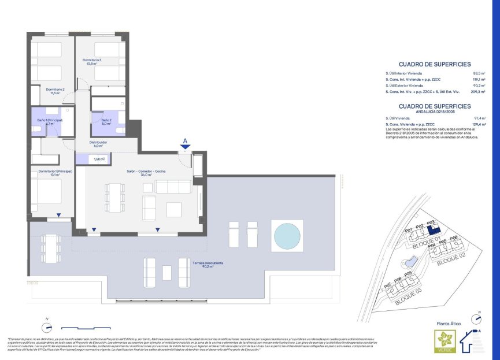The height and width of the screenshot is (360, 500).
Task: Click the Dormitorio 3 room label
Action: [92, 61]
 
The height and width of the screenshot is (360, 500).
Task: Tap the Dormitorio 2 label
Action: [55, 91]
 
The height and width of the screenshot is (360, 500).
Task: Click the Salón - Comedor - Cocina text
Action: [147, 173]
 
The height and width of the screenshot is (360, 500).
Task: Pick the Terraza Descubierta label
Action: [208, 265]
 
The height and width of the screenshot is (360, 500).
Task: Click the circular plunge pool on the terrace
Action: [287, 236]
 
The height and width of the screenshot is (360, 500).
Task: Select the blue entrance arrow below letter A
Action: [184, 147]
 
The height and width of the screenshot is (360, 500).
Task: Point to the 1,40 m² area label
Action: [99, 159]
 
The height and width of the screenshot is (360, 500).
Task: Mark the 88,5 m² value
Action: [479, 73]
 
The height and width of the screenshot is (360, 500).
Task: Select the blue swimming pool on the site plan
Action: [414, 259]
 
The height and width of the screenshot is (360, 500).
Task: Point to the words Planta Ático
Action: [447, 325]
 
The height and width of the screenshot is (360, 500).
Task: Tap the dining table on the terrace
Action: [50, 247]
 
